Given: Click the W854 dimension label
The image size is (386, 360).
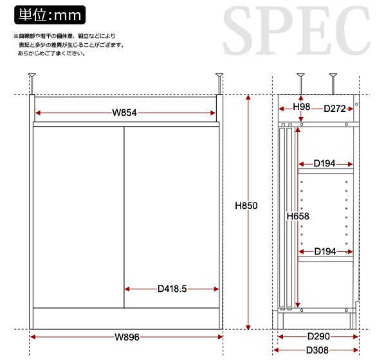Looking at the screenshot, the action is tap(124, 113).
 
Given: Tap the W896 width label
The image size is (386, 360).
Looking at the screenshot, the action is tap(127, 337).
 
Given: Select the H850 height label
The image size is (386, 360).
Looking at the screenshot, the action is tap(246, 206).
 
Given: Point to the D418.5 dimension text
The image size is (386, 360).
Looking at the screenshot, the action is tap(172, 289).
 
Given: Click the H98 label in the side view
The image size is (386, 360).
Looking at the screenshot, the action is tap(301, 107).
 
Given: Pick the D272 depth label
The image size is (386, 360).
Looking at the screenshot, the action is tap(335, 109).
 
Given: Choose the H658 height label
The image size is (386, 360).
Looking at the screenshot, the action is tap(298, 216).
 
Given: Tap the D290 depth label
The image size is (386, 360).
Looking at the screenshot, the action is tap(318, 336).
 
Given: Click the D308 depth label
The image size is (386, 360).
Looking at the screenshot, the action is tap(317, 350).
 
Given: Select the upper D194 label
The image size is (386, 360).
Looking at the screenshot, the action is tap(324, 163).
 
